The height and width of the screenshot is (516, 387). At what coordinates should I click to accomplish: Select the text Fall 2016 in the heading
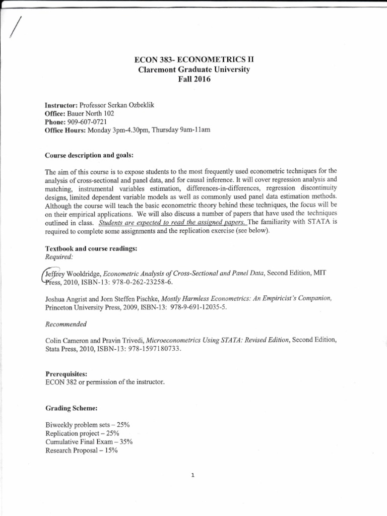pos(194,79)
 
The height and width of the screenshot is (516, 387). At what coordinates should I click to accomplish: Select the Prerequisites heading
pos(67,374)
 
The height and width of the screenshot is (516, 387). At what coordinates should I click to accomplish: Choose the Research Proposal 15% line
pos(81,450)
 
